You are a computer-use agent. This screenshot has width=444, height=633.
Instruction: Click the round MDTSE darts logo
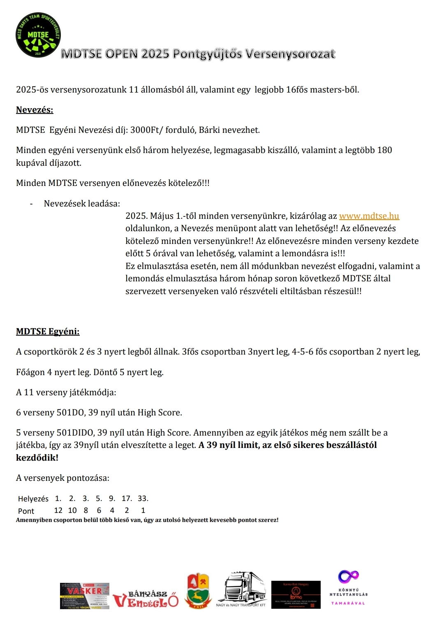click(38, 35)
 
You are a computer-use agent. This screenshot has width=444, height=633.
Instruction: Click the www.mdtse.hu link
click(369, 216)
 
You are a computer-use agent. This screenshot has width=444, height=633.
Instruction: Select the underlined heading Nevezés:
click(35, 110)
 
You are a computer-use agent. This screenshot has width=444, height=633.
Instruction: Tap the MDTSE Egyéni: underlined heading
click(48, 332)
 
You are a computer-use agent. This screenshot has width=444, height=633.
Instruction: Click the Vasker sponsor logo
click(85, 596)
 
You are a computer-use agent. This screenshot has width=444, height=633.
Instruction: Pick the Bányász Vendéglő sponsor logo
click(146, 599)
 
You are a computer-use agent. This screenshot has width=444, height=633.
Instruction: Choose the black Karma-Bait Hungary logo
click(296, 595)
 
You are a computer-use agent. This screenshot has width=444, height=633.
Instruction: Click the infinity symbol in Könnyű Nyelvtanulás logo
click(348, 576)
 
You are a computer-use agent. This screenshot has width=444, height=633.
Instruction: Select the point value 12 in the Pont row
click(58, 510)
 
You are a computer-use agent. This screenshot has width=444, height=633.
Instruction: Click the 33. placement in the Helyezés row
click(143, 499)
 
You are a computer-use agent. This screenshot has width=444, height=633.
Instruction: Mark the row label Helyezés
click(33, 499)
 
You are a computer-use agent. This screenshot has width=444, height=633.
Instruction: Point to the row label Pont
click(26, 511)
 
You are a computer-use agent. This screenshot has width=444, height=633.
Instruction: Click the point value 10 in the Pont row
click(72, 510)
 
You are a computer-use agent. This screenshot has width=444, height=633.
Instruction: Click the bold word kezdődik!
click(37, 457)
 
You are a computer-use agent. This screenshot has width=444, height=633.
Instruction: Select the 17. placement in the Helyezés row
click(127, 499)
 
